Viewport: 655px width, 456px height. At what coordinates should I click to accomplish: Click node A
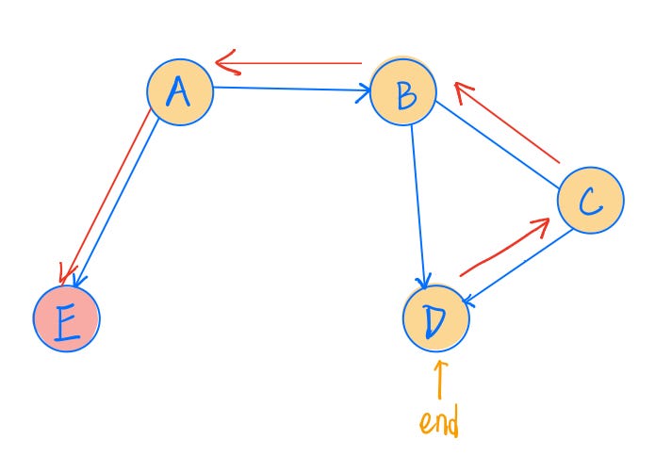click(179, 91)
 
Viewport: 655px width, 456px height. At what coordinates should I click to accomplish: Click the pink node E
click(66, 319)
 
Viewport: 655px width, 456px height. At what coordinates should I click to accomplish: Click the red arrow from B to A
click(292, 64)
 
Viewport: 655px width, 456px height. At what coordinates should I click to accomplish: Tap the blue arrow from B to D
click(418, 207)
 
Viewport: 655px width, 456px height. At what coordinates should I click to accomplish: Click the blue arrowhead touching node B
click(363, 92)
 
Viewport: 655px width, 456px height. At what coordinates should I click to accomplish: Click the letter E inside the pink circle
click(66, 321)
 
